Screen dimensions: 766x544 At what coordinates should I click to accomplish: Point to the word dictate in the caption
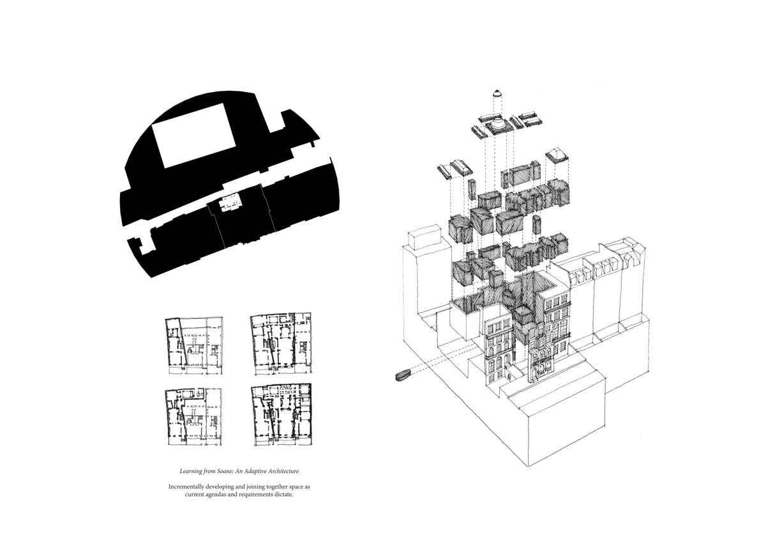tap(284, 494)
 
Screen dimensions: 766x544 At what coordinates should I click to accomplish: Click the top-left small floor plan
tap(194, 346)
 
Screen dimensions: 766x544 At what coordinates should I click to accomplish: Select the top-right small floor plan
tap(281, 343)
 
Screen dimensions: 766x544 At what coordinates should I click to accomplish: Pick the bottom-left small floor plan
tap(193, 417)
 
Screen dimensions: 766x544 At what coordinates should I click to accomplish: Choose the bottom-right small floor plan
tap(282, 415)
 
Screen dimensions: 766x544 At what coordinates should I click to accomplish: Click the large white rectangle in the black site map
tap(194, 136)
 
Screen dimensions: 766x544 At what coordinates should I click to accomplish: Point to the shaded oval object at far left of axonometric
tap(404, 375)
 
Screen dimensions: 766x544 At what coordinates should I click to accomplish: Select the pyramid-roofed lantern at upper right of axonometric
tap(557, 156)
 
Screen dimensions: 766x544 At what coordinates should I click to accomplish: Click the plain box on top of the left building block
tap(424, 237)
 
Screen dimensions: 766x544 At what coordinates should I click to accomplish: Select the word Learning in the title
tap(191, 471)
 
